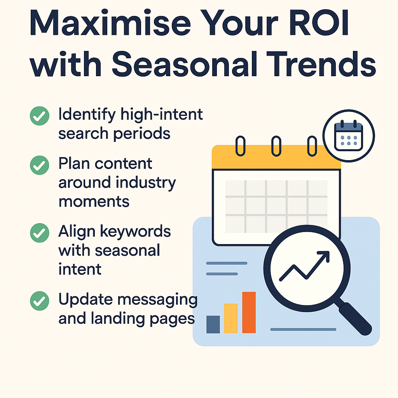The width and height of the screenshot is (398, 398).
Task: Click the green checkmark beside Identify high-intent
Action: pos(40,116)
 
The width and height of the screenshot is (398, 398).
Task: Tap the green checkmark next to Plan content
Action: pos(40,165)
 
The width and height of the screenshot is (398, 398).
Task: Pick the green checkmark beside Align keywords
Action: pos(40,233)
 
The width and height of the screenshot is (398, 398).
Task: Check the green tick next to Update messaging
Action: pos(40,301)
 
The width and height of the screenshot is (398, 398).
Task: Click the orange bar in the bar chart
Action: pos(249,312)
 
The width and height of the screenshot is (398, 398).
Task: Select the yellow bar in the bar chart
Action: pos(231,318)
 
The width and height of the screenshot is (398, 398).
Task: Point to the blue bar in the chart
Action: pos(213,325)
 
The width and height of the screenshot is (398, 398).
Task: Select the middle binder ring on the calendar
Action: pos(276,146)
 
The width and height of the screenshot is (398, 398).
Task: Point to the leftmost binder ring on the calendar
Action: pos(240,146)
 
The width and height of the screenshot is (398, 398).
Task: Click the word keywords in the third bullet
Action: pos(135,231)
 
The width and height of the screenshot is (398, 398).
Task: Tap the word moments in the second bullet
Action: pos(94,202)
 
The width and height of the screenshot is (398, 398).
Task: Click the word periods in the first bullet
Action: pos(141,134)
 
